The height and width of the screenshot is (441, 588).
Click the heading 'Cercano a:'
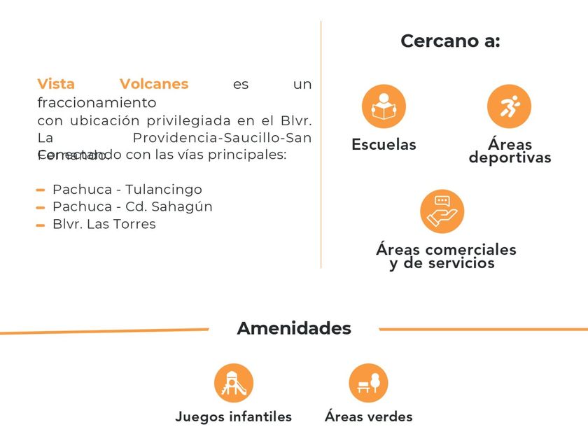pos(450,41)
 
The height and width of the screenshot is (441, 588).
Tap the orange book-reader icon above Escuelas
pos(384,106)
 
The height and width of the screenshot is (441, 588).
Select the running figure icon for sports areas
pos(509,106)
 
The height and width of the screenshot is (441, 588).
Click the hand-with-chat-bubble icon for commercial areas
pos(442,211)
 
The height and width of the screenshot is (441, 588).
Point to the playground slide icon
pos(234,383)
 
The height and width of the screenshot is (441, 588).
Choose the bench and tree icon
pos(368,383)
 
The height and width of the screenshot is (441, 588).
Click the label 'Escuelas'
pos(384,145)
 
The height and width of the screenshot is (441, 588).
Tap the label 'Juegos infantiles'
pos(233,416)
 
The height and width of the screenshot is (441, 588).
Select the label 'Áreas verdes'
pos(368,416)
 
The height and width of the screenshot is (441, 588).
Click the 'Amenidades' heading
pos(294,328)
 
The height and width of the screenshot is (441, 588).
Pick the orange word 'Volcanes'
pos(154,84)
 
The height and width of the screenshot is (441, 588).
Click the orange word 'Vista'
pos(56,84)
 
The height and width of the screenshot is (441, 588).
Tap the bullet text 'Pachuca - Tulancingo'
pos(127,190)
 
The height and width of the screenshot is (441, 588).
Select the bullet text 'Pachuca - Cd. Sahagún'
pos(132,207)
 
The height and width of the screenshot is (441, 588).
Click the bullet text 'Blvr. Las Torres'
pos(104,225)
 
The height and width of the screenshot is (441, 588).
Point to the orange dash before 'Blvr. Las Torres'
pos(41,225)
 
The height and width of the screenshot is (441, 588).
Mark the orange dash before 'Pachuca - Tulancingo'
pos(41,190)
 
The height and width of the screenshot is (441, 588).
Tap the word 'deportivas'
pos(510,158)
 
